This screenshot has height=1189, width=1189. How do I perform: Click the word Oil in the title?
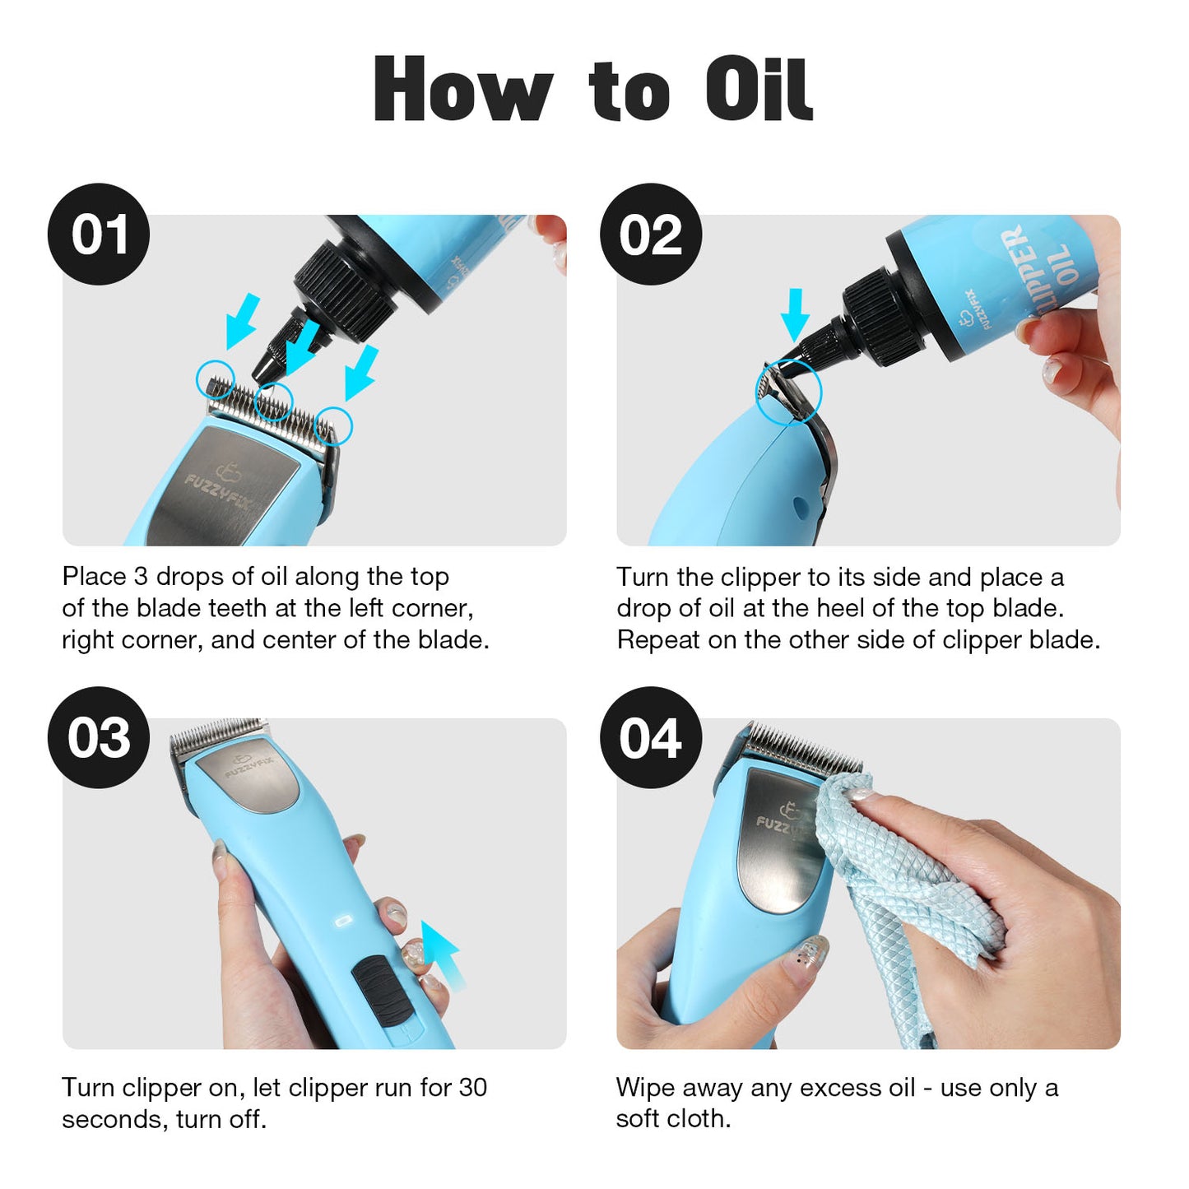click(x=759, y=91)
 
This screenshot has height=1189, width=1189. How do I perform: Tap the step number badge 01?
click(x=99, y=235)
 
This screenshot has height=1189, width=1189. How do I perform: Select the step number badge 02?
click(x=650, y=235)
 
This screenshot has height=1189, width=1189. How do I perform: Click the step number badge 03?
click(x=99, y=737)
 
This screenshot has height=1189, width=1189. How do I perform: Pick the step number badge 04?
click(x=650, y=737)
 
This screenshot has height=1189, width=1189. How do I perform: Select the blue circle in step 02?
click(x=789, y=392)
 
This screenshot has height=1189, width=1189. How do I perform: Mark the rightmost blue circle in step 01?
click(x=335, y=425)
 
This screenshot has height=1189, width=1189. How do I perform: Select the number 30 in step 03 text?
click(x=473, y=1088)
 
